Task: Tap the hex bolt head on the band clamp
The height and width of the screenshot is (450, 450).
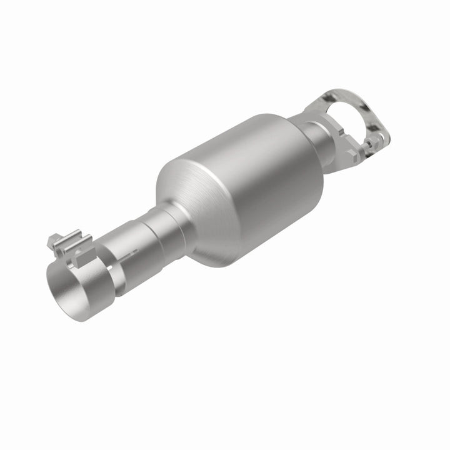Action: pyautogui.click(x=53, y=239)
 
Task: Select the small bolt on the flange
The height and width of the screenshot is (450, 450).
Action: pyautogui.click(x=371, y=145)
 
